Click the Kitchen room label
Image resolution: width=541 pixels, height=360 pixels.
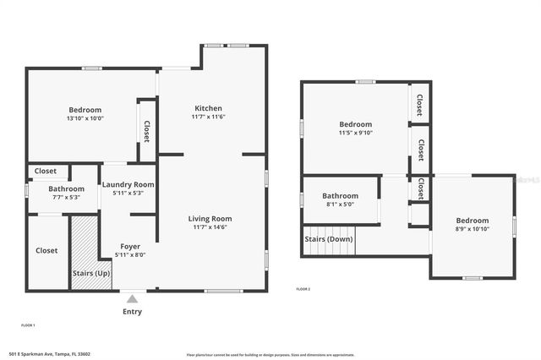pos(208,108)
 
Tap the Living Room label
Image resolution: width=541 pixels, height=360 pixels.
pos(210,218)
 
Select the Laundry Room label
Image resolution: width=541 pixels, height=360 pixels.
pos(128,184)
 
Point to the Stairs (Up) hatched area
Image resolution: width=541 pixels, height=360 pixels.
pos(84,254)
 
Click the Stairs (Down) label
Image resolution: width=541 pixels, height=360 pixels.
pos(329,238)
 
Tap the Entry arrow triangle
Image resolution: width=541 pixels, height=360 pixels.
pos(132,298)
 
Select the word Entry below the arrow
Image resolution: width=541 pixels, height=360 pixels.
pos(132,311)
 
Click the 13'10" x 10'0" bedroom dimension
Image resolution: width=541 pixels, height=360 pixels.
pos(85,118)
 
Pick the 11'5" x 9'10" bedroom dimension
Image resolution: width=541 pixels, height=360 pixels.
pos(356,132)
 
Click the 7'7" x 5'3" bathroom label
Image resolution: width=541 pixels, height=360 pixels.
pos(66,197)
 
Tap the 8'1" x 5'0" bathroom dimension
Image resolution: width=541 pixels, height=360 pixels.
pos(340,204)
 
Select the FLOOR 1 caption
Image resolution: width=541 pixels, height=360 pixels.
pos(28,325)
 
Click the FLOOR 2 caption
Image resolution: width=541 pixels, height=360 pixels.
pos(303,289)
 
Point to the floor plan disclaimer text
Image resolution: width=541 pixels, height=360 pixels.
pos(270,354)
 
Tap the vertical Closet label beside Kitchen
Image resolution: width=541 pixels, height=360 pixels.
pos(146,131)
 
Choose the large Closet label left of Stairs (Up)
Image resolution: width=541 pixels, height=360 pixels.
pos(46,250)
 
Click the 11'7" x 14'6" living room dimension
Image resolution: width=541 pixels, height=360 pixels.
pos(210,227)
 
